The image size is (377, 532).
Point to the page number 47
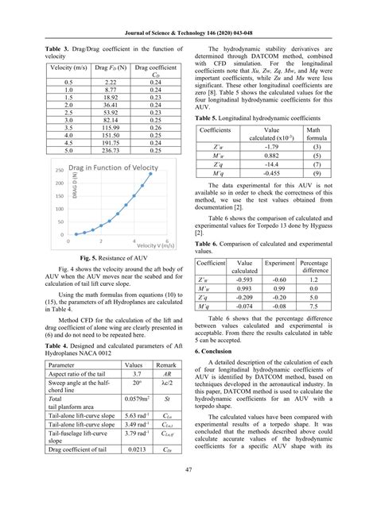(x=188, y=514)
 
